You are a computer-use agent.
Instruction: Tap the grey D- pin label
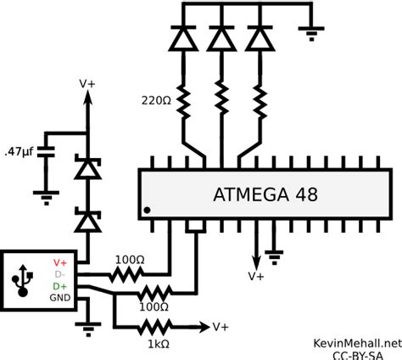point(60,275)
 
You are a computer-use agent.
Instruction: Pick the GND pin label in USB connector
point(60,299)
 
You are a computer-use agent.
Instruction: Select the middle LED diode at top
point(221,39)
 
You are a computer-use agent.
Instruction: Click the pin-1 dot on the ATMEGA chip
point(148,210)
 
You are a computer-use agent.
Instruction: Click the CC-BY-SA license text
point(357,352)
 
